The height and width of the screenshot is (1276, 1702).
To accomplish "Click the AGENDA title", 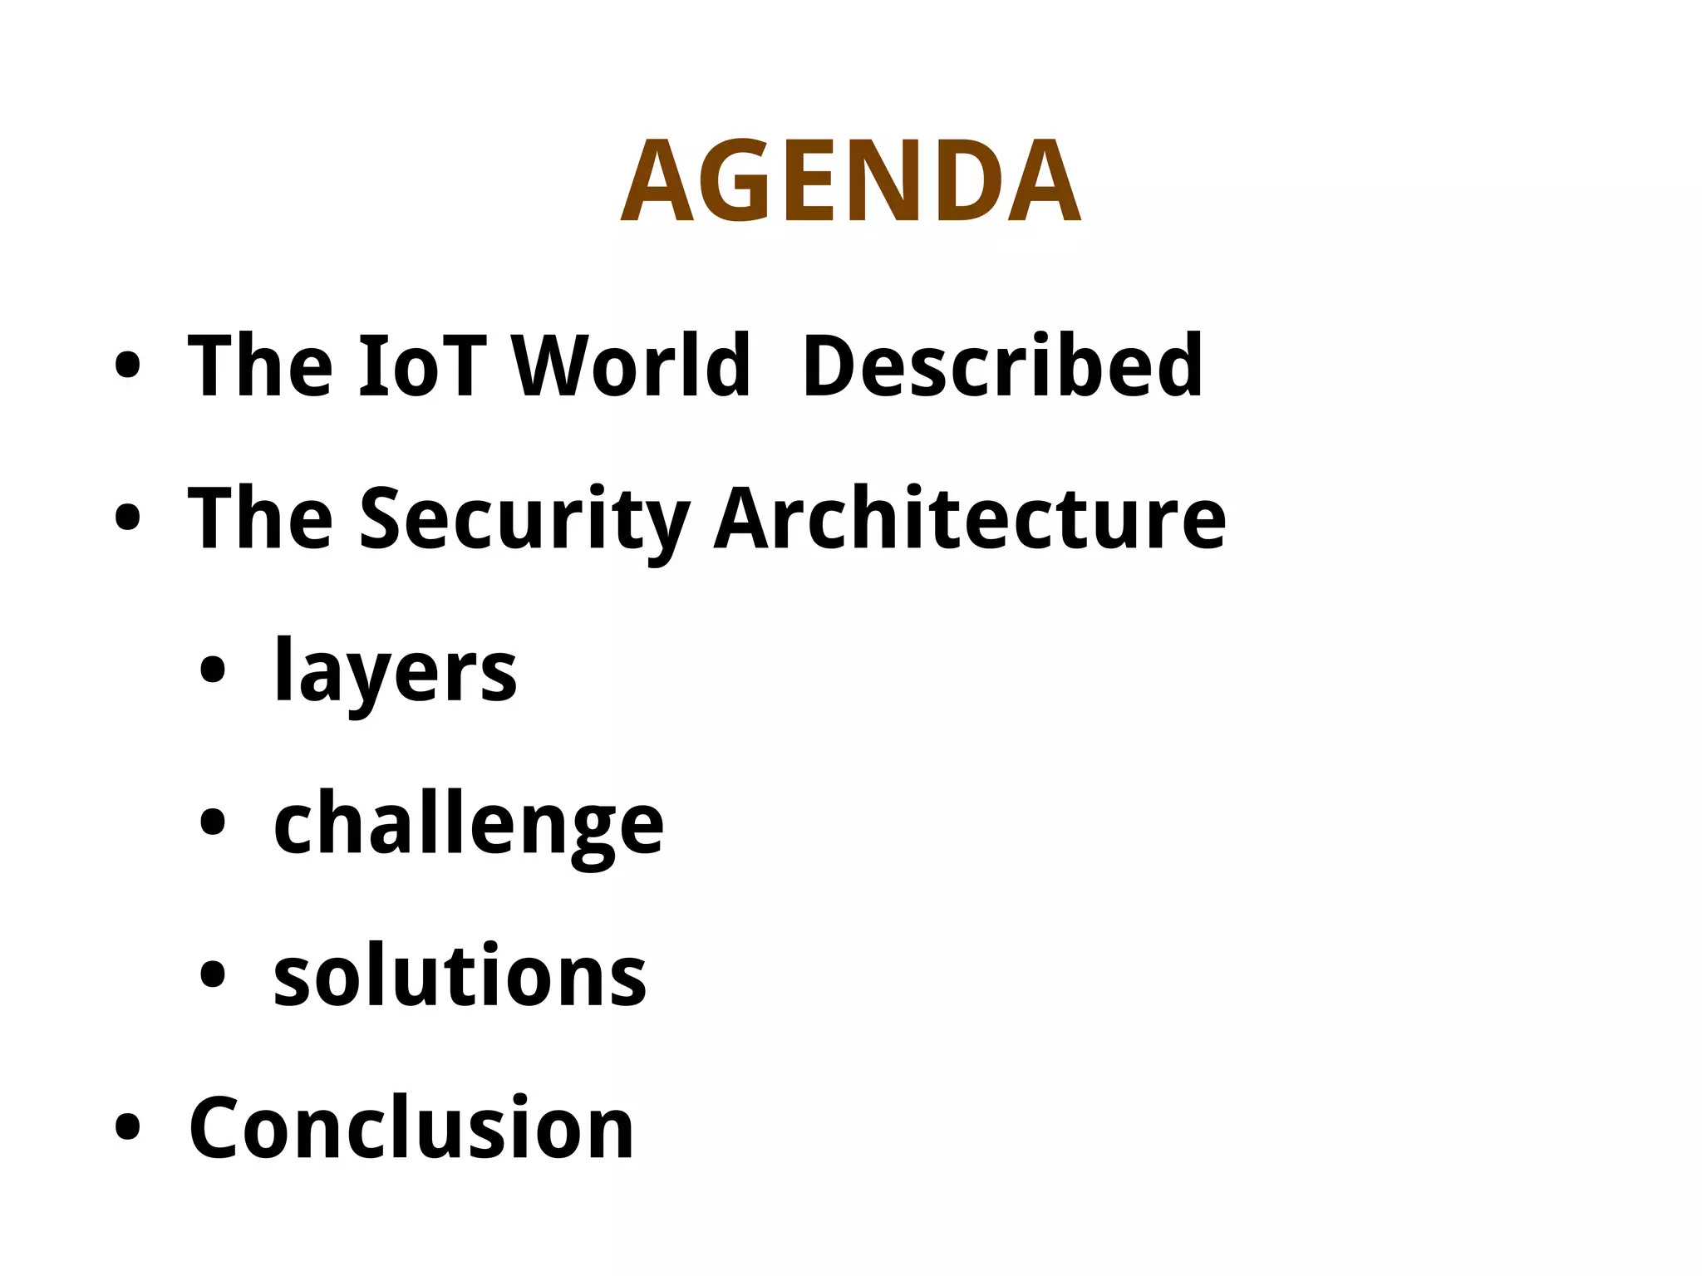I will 850,181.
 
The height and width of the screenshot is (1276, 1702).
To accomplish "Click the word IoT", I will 422,366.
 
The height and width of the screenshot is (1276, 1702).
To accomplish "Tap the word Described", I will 1002,366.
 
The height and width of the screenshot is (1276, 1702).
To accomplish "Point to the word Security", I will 524,519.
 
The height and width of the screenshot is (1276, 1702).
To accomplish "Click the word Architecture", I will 970,518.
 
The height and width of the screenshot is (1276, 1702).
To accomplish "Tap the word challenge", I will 469,824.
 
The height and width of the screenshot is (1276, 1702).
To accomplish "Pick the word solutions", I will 460,975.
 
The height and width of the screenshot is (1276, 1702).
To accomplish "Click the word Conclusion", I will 411,1127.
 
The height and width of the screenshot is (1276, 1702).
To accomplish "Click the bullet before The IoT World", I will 127,366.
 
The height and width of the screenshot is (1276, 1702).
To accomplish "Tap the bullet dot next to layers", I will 213,670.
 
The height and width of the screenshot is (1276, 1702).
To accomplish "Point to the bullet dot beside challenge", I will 213,822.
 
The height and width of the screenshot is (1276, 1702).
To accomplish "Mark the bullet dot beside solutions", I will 213,974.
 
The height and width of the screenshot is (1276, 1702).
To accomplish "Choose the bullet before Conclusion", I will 127,1127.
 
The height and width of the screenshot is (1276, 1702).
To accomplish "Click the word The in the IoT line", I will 261,366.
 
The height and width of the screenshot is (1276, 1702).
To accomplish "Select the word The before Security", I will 261,518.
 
